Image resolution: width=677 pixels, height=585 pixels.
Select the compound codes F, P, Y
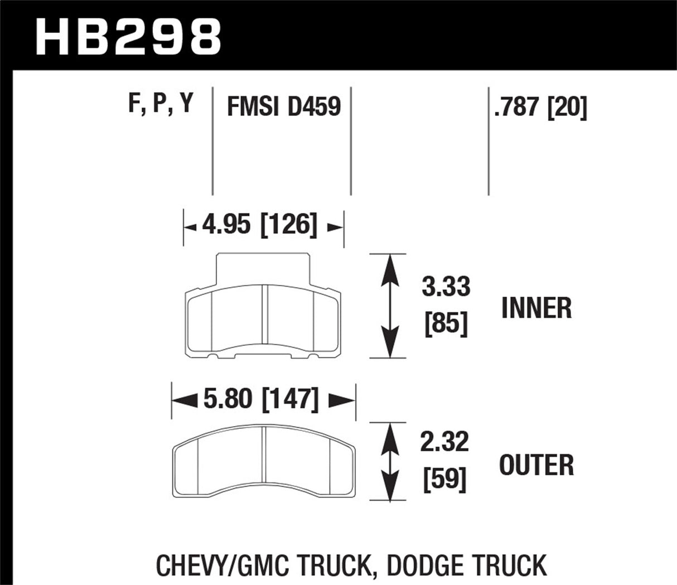point(160,104)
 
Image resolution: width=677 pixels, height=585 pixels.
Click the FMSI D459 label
point(283,105)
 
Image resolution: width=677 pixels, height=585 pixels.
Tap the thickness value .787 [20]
point(540,107)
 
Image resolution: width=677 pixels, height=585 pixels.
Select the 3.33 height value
point(446,286)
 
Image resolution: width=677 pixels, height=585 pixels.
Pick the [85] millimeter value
point(446,323)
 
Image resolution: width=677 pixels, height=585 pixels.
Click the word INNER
point(536,308)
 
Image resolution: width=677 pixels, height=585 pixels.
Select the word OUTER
point(536,465)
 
